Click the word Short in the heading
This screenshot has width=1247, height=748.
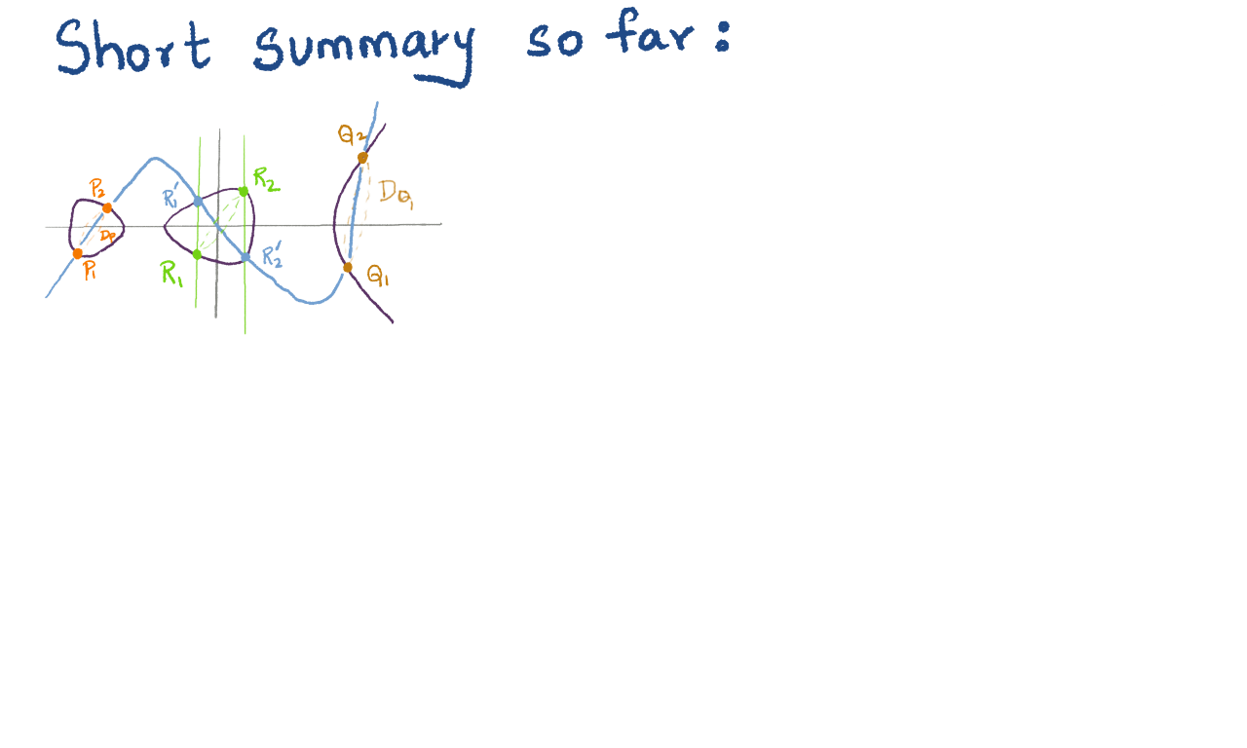pyautogui.click(x=132, y=46)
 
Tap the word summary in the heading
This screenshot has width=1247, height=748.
pyautogui.click(x=362, y=49)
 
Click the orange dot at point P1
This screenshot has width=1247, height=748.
pyautogui.click(x=78, y=254)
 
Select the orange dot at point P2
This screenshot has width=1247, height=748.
pyautogui.click(x=107, y=207)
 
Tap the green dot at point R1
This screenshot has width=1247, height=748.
pyautogui.click(x=197, y=254)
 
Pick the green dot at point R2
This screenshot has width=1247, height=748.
pyautogui.click(x=244, y=191)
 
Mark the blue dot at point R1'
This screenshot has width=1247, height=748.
pyautogui.click(x=198, y=202)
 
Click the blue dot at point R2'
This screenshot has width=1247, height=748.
pyautogui.click(x=246, y=257)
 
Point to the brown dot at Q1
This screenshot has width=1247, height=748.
pyautogui.click(x=348, y=267)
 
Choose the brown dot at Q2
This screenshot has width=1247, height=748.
pyautogui.click(x=362, y=158)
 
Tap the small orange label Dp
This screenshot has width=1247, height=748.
pyautogui.click(x=108, y=235)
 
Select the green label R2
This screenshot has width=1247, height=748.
pyautogui.click(x=266, y=178)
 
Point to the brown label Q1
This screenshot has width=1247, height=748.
pyautogui.click(x=378, y=277)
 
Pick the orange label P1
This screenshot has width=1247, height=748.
pyautogui.click(x=90, y=272)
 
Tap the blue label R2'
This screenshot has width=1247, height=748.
pyautogui.click(x=273, y=257)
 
